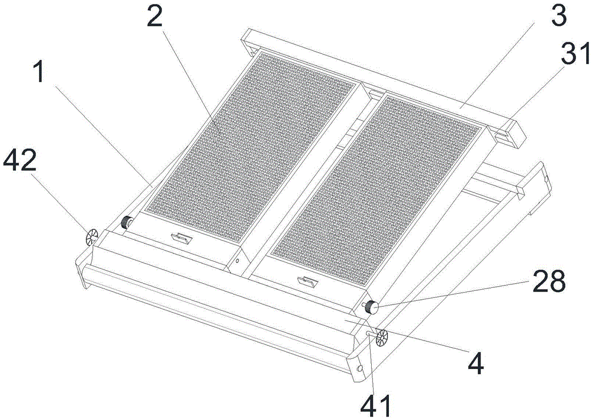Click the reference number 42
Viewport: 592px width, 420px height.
point(20,160)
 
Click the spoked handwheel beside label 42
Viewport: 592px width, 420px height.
point(92,237)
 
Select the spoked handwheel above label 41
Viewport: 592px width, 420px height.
point(382,337)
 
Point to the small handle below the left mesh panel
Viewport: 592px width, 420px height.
point(182,238)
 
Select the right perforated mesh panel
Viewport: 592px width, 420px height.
point(377,190)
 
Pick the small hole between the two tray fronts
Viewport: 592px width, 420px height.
point(237,260)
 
